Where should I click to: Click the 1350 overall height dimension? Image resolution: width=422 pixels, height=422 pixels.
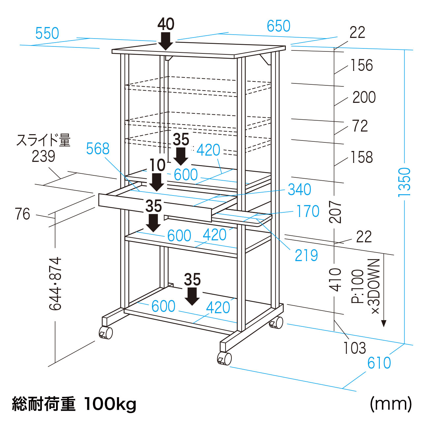(405, 182)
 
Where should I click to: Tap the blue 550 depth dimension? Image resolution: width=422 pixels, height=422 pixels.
(47, 33)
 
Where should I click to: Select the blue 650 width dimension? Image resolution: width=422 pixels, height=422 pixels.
(279, 26)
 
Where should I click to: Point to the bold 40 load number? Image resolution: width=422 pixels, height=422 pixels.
(166, 24)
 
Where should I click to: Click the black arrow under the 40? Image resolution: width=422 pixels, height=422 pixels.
(166, 41)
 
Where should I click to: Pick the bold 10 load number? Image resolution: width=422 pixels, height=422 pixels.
(158, 165)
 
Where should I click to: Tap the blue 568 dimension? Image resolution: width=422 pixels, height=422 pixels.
(98, 149)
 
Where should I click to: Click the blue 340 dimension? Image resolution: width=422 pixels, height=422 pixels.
(299, 190)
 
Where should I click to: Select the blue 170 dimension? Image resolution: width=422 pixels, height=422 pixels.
(308, 211)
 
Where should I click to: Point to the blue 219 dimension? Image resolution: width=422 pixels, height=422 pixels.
(306, 256)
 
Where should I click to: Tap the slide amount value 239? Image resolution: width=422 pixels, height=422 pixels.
(43, 156)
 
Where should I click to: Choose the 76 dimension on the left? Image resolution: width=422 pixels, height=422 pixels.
(22, 214)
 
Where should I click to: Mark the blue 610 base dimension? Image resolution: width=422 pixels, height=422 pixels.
(379, 363)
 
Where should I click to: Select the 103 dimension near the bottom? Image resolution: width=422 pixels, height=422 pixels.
(355, 348)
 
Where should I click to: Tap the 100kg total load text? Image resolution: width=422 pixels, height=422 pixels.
(110, 404)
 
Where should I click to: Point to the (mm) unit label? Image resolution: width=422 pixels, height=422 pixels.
(391, 404)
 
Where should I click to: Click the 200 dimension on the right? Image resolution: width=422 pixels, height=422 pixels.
(364, 97)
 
